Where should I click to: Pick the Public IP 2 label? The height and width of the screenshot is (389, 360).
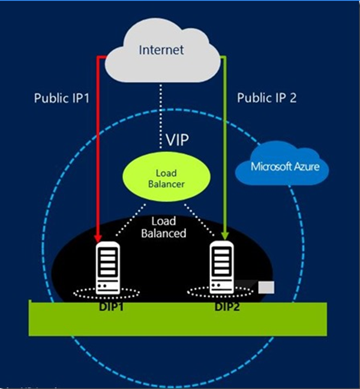[266, 98]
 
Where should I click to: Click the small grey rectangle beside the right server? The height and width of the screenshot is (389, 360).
[266, 288]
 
